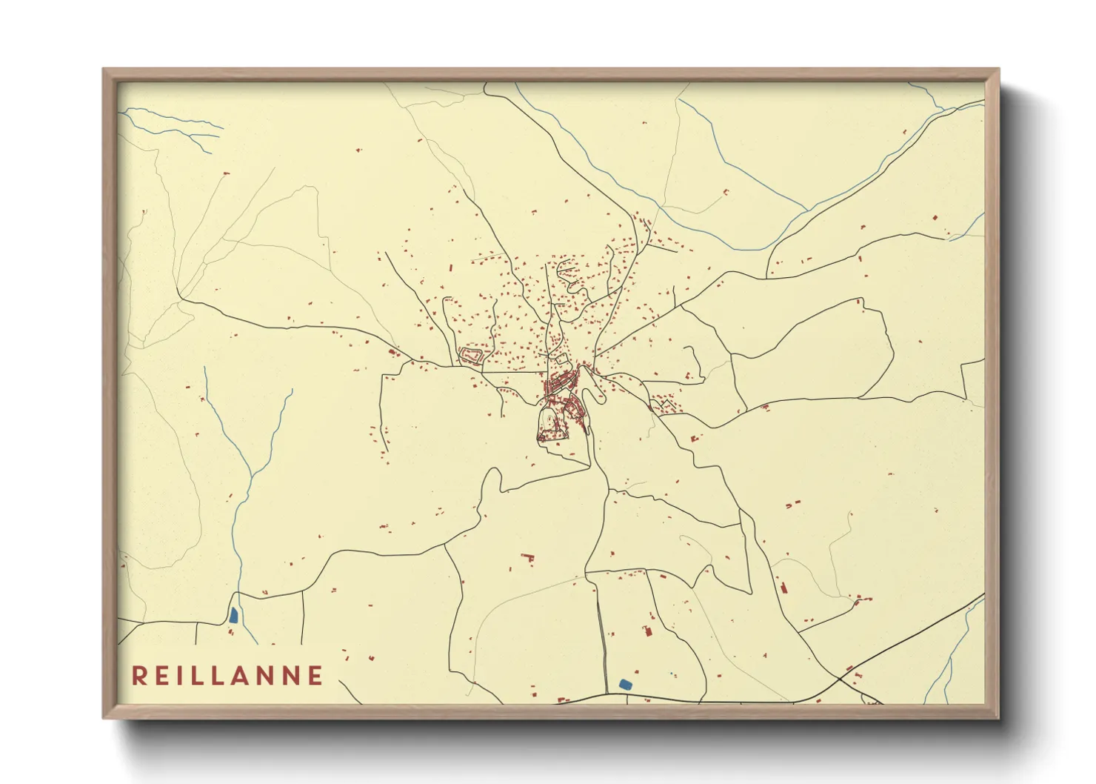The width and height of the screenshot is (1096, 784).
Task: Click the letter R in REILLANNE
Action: click(x=138, y=675)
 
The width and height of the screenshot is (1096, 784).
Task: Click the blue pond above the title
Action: click(x=233, y=614)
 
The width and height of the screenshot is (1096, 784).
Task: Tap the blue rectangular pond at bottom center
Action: click(x=625, y=684)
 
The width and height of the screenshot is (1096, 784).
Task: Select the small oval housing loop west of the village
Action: click(x=472, y=356)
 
